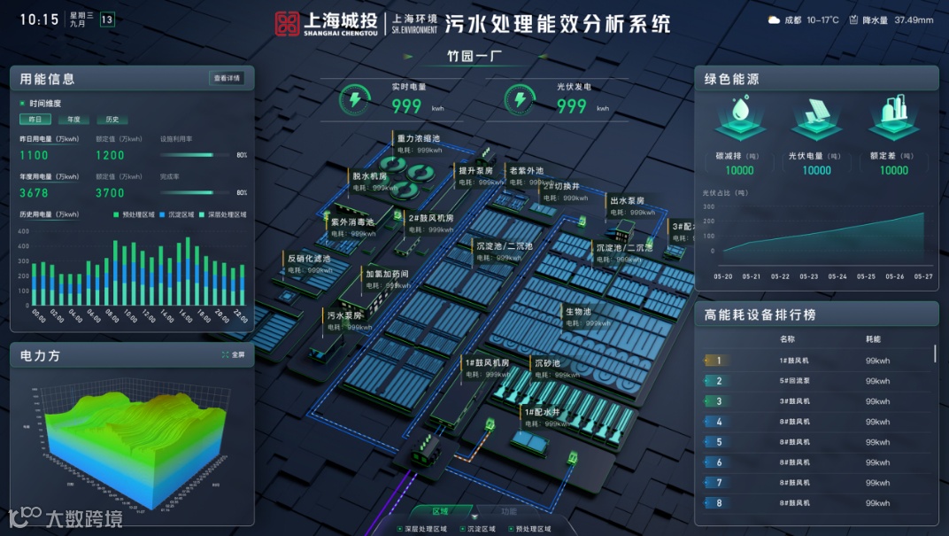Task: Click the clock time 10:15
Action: click(x=39, y=19)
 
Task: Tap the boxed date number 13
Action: click(x=107, y=19)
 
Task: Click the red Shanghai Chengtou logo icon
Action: click(x=287, y=24)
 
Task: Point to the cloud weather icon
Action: click(x=774, y=19)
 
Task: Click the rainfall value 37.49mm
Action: click(x=914, y=19)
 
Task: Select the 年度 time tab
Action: click(x=73, y=120)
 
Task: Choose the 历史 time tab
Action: click(x=112, y=120)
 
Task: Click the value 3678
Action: click(x=35, y=192)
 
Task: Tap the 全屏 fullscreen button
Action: click(x=233, y=355)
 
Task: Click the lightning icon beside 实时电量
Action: click(x=355, y=101)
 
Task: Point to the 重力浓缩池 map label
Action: click(x=419, y=139)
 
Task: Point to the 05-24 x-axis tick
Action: click(x=837, y=276)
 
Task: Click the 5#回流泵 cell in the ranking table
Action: click(x=794, y=381)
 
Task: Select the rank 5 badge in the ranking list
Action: click(x=718, y=442)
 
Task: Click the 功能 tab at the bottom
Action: click(x=509, y=511)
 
